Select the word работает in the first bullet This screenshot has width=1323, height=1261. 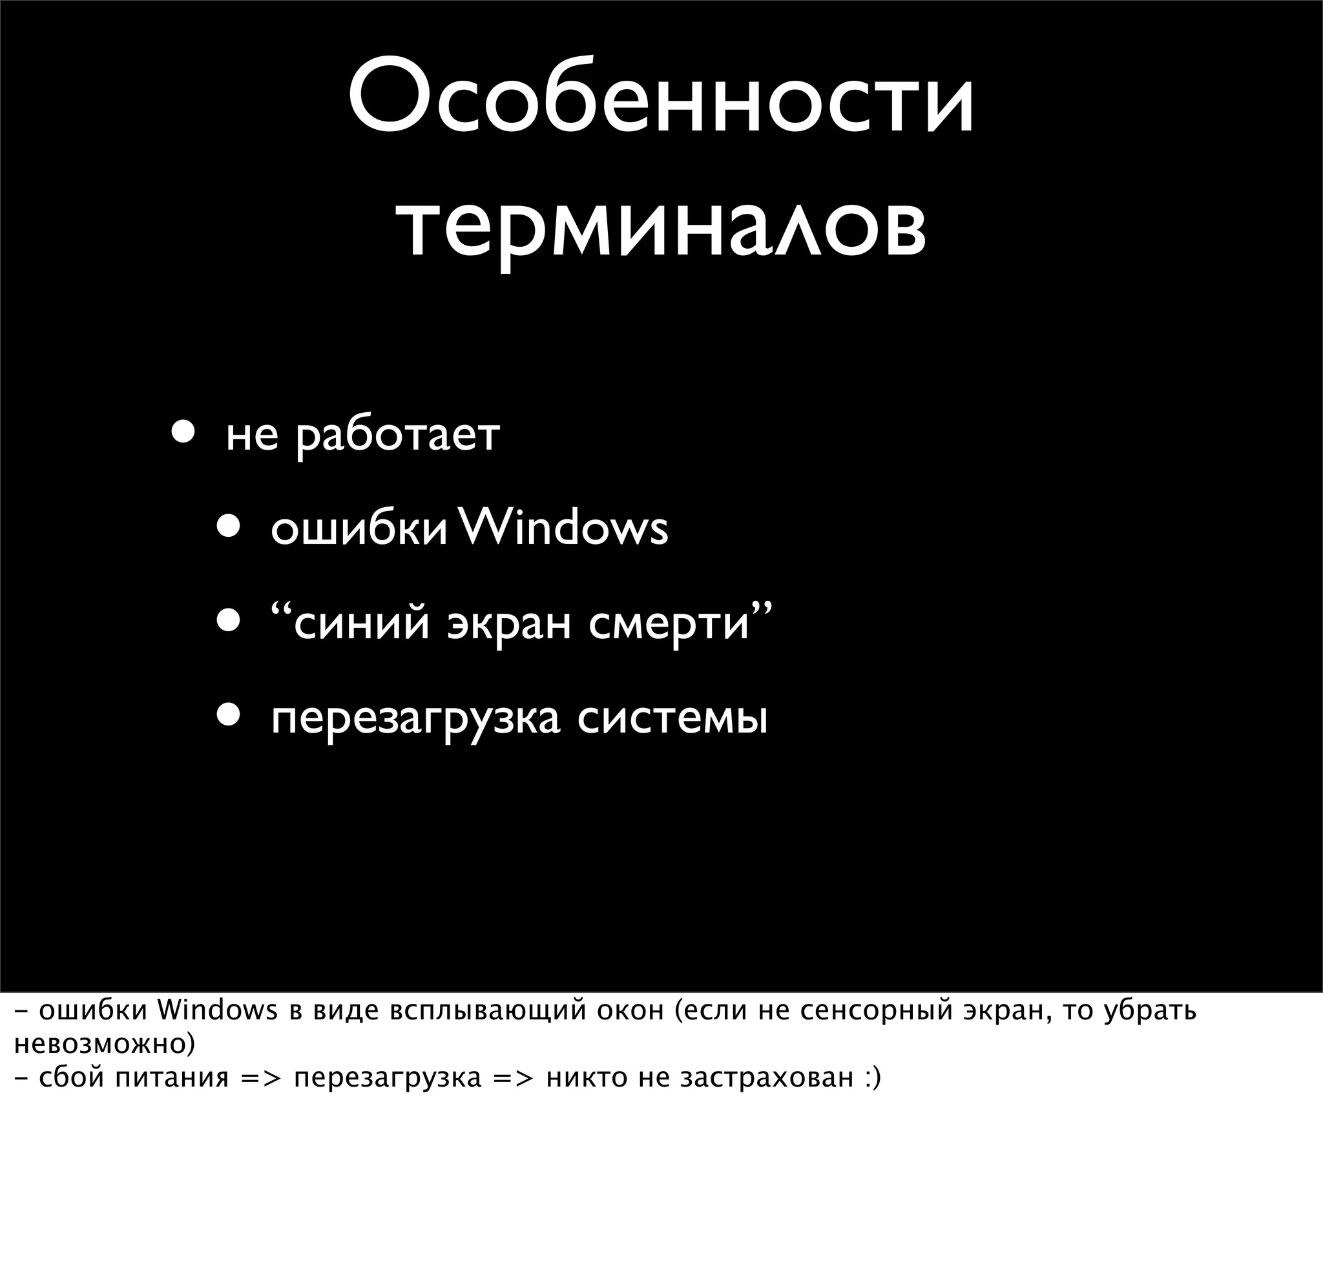(398, 435)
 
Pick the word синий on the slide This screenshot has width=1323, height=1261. (362, 623)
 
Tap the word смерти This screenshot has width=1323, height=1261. (669, 623)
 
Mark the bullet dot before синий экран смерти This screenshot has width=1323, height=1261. (229, 621)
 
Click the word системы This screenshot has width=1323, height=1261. (672, 718)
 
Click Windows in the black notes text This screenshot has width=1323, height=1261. (217, 1010)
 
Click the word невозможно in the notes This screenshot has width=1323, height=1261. (102, 1044)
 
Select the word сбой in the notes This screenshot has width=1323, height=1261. (72, 1078)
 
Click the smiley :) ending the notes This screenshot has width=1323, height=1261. (871, 1078)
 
